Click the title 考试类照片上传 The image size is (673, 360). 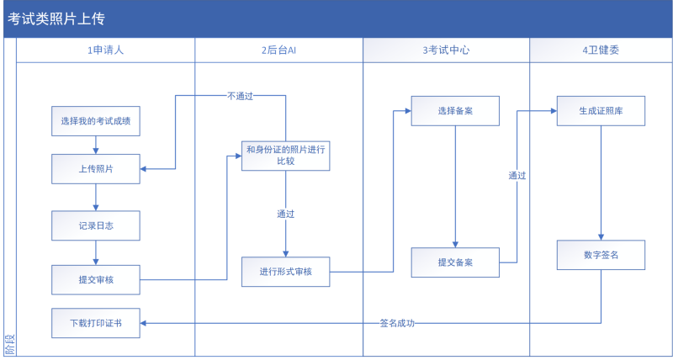57,19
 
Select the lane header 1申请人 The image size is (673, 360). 105,50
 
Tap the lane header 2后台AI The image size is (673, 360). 278,50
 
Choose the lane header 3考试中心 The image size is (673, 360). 446,50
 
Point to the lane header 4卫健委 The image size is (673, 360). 601,50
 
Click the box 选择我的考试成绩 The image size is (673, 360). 95,121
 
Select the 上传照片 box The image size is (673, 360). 95,169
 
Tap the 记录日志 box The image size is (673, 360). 95,225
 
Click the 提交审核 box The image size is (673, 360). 95,279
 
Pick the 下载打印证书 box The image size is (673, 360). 95,323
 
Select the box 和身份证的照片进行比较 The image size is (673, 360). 285,155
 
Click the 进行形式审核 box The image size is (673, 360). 285,271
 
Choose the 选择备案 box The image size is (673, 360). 455,111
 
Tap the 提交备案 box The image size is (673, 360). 455,262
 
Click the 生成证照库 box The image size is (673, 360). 601,111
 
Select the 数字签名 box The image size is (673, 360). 601,255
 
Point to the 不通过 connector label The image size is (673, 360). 240,96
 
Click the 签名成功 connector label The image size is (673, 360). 397,323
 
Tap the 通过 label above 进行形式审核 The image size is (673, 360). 285,214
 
